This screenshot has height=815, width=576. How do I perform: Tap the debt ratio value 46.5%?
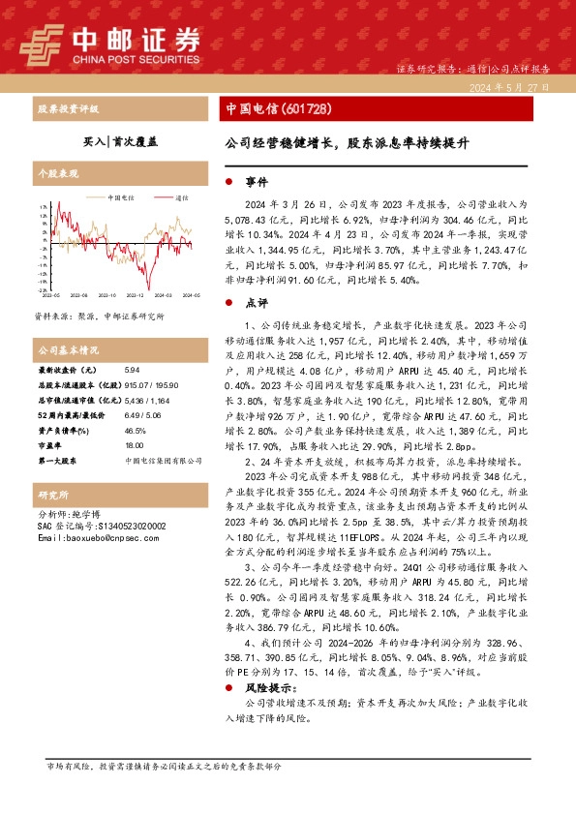point(135,431)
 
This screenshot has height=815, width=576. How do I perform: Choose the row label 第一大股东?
point(60,461)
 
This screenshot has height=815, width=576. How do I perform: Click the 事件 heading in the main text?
point(258,182)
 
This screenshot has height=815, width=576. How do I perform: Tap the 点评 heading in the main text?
point(258,302)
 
